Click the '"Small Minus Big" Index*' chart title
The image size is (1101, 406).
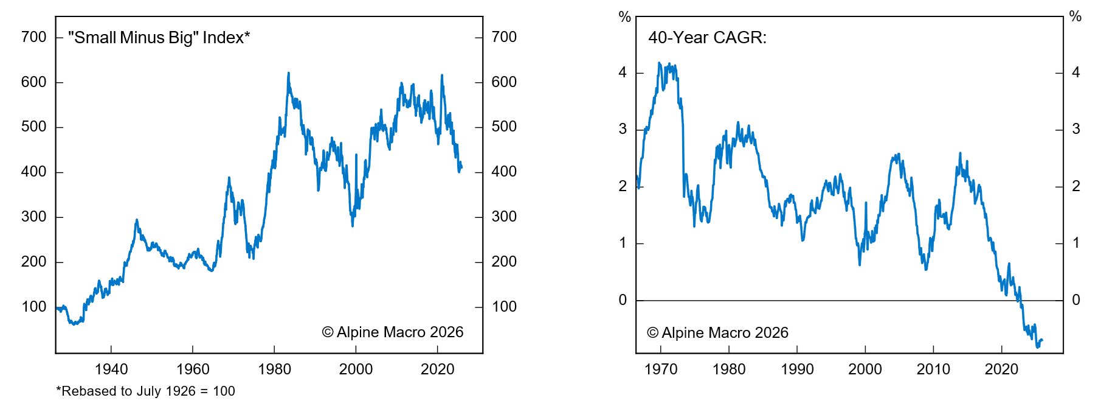coord(159,38)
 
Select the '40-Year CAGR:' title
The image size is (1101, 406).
coord(707,38)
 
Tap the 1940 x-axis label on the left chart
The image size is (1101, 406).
coord(111,369)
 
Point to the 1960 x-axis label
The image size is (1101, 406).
coord(193,369)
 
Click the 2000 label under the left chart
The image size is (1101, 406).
coord(356,369)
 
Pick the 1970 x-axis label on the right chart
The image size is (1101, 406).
coord(661,369)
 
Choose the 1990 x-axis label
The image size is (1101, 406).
coord(797,369)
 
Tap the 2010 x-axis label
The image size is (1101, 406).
coord(933,369)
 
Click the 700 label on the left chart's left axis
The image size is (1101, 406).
coord(33,37)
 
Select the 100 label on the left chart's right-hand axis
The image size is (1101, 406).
coord(504,307)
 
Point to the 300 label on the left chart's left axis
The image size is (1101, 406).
coord(33,217)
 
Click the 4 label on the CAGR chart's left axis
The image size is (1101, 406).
coord(623,72)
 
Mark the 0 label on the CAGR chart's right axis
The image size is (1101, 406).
coord(1076,300)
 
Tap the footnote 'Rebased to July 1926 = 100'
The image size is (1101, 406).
coord(146,391)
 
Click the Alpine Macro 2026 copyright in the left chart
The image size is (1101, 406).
coord(393,332)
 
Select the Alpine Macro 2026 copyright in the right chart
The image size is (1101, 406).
coord(717,333)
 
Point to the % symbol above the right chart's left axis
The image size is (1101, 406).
coord(624,17)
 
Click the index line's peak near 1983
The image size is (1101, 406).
coord(288,73)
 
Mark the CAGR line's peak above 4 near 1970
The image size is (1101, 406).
coord(659,63)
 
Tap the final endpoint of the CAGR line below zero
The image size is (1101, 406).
coord(1042,340)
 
